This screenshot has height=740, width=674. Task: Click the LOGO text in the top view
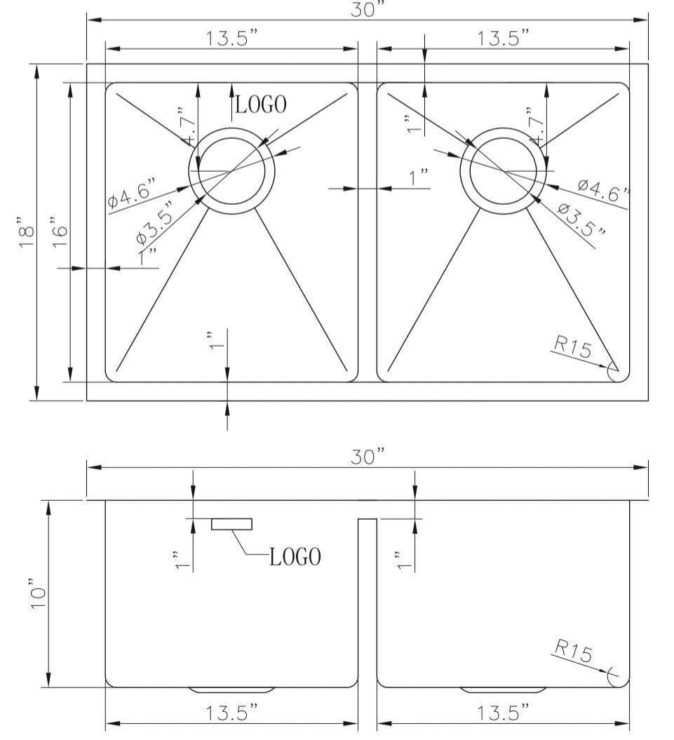coord(261,105)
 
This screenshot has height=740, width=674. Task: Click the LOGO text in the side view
coord(295,557)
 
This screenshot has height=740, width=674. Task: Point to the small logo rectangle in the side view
coord(231,524)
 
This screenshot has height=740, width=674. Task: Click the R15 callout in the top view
coord(573,346)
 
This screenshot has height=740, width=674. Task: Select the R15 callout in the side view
coord(572,653)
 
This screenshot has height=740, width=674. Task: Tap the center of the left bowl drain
coord(231,171)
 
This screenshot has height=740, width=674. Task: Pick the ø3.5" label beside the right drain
coord(581,218)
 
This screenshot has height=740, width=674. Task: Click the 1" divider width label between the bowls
coord(419,178)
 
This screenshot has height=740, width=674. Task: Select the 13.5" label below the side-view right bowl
coord(503,713)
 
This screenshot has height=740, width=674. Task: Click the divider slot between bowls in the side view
coord(367,603)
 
